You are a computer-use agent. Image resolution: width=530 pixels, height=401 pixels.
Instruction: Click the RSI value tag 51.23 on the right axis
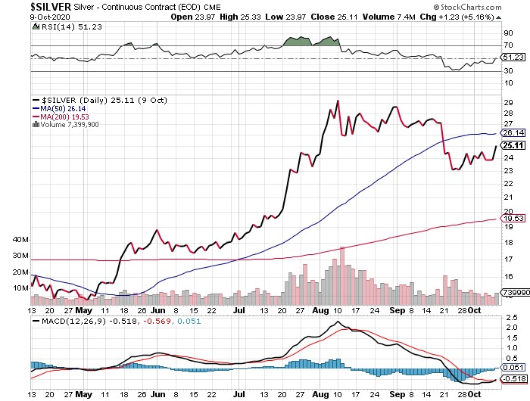point(513,58)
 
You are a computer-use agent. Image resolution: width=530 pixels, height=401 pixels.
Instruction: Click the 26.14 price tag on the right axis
point(513,133)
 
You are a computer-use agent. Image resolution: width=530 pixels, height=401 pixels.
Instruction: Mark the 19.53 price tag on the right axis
point(513,218)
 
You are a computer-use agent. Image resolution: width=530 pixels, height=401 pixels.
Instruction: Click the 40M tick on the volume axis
point(20,240)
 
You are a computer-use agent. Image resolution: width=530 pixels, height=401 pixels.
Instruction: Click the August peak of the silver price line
point(337,101)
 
